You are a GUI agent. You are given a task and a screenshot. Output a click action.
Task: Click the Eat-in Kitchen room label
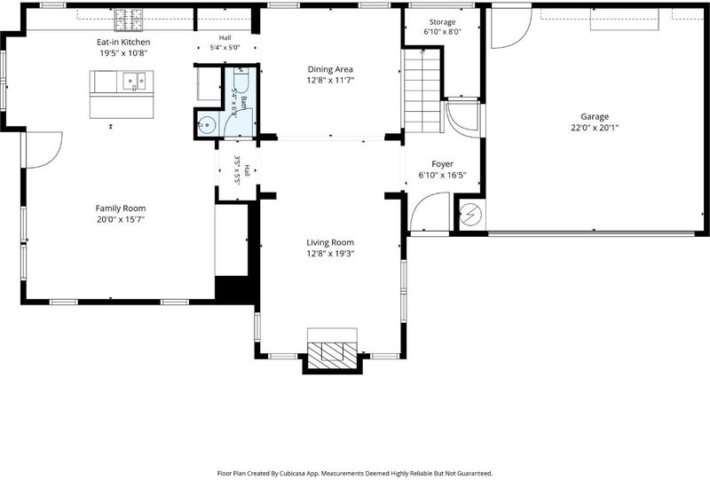pyautogui.click(x=123, y=42)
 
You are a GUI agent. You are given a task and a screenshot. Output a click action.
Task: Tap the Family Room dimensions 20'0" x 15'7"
pyautogui.click(x=121, y=220)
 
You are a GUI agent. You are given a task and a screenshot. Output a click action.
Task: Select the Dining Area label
pyautogui.click(x=330, y=69)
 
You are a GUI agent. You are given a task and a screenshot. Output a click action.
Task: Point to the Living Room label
pyautogui.click(x=330, y=243)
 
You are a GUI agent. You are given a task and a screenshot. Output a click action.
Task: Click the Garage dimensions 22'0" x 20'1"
pyautogui.click(x=595, y=128)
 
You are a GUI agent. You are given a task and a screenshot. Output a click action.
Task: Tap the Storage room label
pyautogui.click(x=442, y=22)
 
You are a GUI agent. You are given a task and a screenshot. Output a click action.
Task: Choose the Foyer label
pyautogui.click(x=442, y=164)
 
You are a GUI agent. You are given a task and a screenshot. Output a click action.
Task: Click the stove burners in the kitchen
pyautogui.click(x=129, y=20)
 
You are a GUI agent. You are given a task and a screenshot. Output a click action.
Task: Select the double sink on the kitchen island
pyautogui.click(x=135, y=82)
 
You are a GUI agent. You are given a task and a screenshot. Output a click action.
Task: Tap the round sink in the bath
pyautogui.click(x=207, y=124)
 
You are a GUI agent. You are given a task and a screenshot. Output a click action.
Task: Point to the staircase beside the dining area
pyautogui.click(x=422, y=90)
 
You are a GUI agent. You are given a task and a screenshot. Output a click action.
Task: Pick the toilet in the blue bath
pyautogui.click(x=241, y=79)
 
